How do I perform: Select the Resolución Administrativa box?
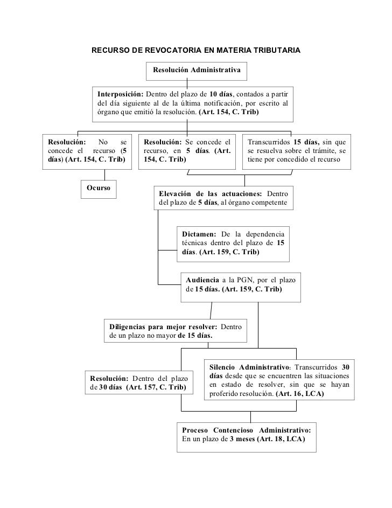click(196, 71)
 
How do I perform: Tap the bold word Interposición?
click(121, 94)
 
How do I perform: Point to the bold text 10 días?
click(221, 94)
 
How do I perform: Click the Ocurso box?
click(99, 189)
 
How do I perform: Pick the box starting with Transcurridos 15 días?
click(297, 152)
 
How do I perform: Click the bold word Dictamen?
click(199, 234)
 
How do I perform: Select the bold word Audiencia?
click(202, 280)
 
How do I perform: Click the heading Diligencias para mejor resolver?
click(163, 327)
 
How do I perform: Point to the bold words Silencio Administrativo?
click(250, 367)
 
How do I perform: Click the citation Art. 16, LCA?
click(300, 394)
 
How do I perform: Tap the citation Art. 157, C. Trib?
click(156, 387)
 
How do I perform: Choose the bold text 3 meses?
click(242, 440)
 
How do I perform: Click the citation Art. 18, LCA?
click(281, 440)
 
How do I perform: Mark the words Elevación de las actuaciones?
click(211, 194)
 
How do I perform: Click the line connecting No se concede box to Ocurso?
click(104, 175)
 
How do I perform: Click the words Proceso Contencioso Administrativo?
click(246, 430)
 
